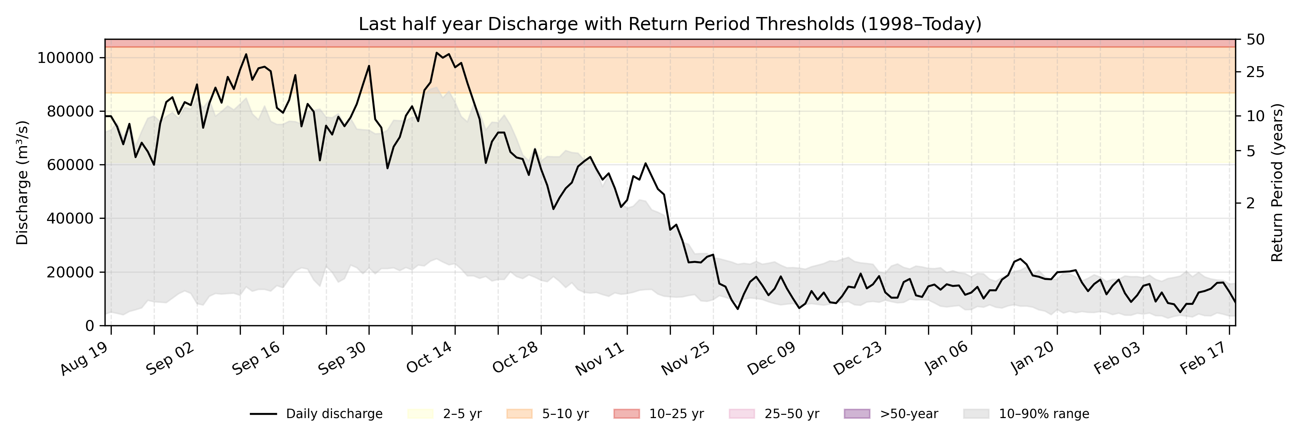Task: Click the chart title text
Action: pos(670,24)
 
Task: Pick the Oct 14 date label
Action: pos(430,359)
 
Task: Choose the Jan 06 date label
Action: pos(946,359)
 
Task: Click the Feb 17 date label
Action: pos(1204,359)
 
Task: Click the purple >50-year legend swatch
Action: pos(857,414)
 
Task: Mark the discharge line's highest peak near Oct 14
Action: pos(437,52)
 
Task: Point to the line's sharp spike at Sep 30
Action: pos(369,66)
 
